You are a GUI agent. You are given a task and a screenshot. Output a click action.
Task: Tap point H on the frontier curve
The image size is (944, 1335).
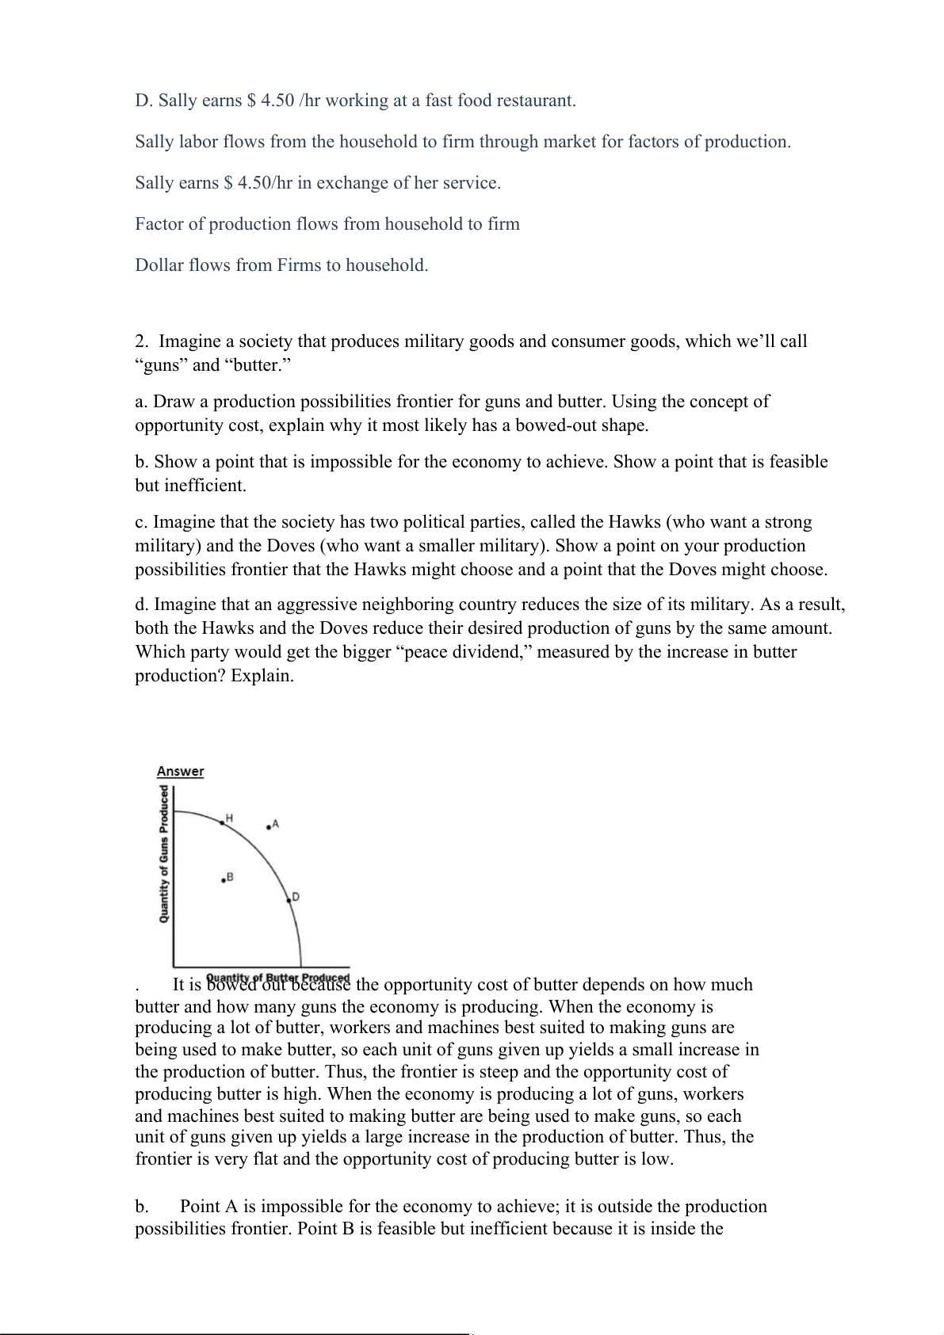pyautogui.click(x=222, y=824)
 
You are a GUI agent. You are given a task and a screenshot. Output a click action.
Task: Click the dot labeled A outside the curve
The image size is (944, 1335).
pyautogui.click(x=269, y=827)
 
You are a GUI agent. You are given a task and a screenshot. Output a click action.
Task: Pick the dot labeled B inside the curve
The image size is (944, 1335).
pyautogui.click(x=224, y=881)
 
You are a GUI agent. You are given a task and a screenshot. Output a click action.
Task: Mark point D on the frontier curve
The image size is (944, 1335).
pyautogui.click(x=289, y=900)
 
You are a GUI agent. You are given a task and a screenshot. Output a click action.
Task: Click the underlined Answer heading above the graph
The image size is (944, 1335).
pyautogui.click(x=180, y=772)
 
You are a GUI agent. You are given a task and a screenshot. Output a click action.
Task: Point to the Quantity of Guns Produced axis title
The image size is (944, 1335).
pyautogui.click(x=164, y=853)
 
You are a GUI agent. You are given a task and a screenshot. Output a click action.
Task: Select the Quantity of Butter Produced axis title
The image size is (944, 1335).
pyautogui.click(x=277, y=977)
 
